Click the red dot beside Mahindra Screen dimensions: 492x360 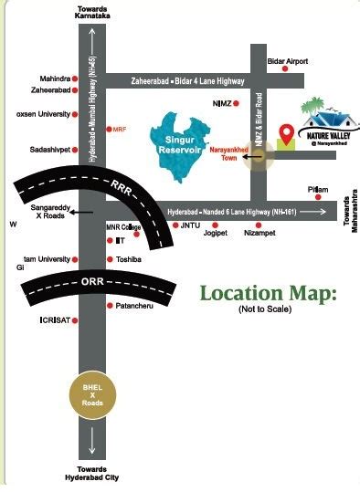(x=77, y=78)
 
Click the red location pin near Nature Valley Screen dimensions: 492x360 (x=286, y=136)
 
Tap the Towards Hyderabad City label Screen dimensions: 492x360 (x=91, y=473)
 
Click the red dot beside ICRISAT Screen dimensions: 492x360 (x=77, y=320)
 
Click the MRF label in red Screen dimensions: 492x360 (x=120, y=130)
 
